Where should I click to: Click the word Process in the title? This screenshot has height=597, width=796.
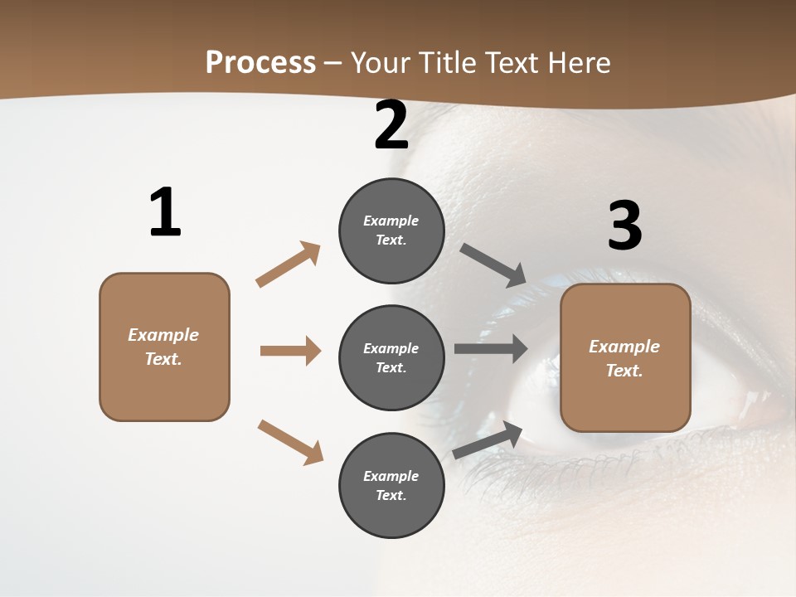[260, 62]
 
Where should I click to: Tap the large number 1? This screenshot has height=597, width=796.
[165, 212]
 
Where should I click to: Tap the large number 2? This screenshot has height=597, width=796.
[391, 125]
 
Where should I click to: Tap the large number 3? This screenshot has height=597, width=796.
[624, 226]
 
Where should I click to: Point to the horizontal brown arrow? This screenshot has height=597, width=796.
[290, 351]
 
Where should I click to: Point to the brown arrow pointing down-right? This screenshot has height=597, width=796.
[290, 442]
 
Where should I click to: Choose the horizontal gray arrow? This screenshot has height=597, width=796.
[491, 348]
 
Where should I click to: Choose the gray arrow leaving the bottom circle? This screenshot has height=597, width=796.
[488, 439]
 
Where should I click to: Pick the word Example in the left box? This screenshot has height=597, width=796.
[163, 335]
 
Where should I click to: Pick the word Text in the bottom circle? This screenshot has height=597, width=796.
[390, 495]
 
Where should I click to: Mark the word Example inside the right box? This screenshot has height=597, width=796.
[624, 347]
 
